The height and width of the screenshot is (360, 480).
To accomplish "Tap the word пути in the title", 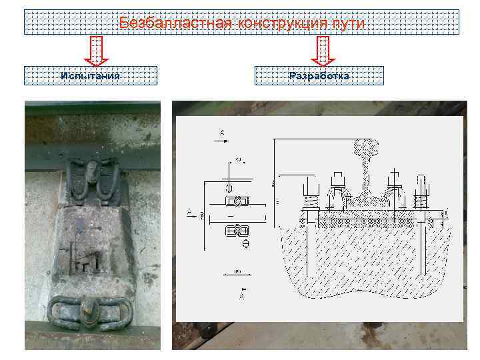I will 349,24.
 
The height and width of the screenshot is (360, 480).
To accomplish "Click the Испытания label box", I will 91,75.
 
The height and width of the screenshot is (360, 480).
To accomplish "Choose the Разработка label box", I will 319,75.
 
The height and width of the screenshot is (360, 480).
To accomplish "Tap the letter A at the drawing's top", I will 222,133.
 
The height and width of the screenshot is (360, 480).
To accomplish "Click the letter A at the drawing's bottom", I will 241,295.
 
